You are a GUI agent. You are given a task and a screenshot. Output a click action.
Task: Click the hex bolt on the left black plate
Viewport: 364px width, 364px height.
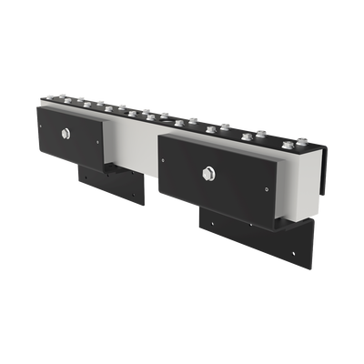pyautogui.click(x=68, y=134)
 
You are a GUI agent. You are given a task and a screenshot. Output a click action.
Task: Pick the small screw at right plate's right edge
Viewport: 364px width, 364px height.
pyautogui.click(x=268, y=189)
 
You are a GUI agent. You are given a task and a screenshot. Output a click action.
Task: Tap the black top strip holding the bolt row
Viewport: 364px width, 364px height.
pyautogui.click(x=182, y=126)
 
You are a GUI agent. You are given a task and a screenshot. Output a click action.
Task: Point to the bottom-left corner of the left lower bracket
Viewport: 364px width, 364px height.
pyautogui.click(x=79, y=178)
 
